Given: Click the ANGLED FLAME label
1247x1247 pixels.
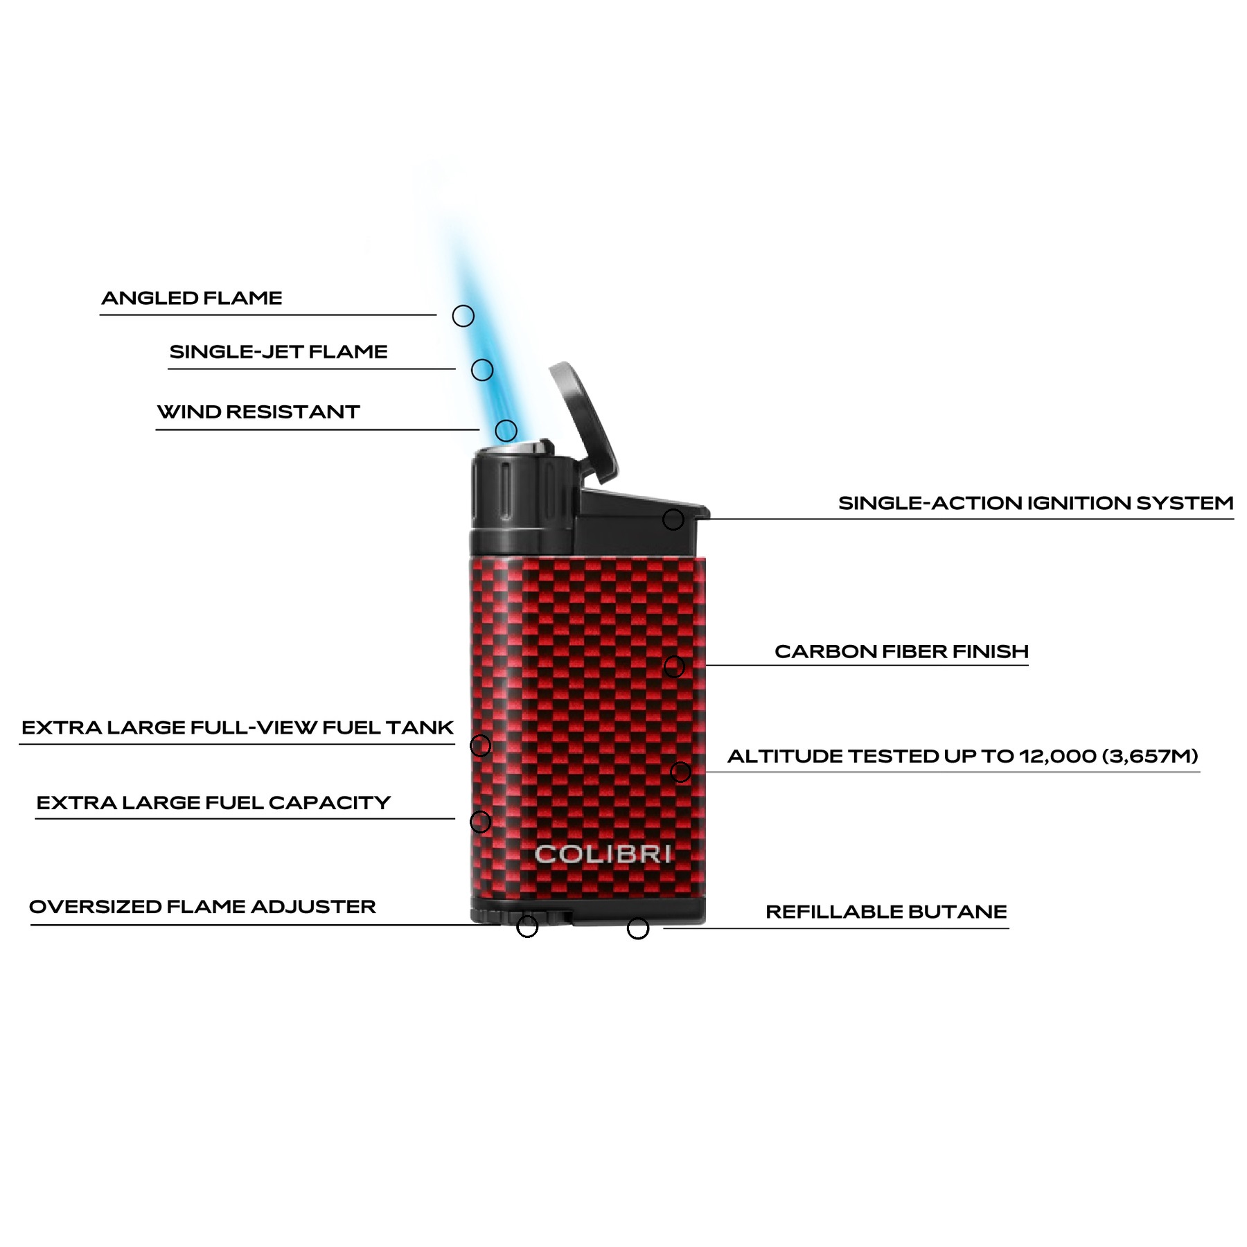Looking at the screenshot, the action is [x=192, y=298].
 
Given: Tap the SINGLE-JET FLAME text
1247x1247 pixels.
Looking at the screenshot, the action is [x=278, y=351].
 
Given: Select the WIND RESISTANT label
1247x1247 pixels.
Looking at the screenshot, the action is [x=258, y=412].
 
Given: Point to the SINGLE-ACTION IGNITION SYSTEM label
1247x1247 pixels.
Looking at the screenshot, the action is [x=1036, y=502].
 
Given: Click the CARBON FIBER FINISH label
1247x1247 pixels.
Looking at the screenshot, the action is [x=901, y=651].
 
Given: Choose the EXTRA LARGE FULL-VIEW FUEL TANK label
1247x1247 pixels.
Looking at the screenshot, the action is [x=238, y=727].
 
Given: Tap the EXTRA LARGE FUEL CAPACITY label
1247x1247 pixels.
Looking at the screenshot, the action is [x=213, y=802].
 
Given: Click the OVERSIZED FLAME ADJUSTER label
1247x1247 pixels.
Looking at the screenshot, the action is [x=202, y=906].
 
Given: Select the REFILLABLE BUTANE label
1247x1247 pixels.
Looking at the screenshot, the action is [x=886, y=911].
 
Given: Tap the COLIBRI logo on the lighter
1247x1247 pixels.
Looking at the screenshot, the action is [x=603, y=854].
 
